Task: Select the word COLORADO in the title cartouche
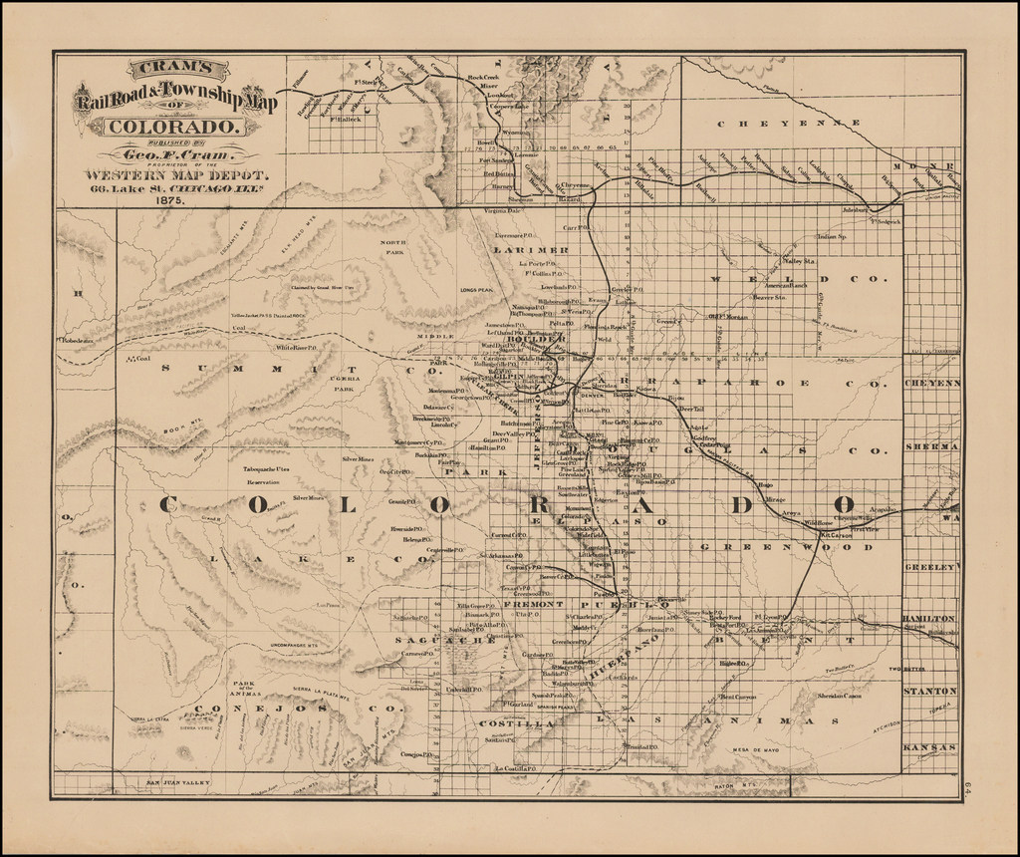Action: pos(172,127)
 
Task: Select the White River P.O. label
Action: pos(296,349)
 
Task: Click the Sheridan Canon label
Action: pos(839,696)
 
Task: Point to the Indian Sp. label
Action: pos(831,236)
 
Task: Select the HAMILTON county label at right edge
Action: pos(929,619)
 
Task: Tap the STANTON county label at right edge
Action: pos(930,690)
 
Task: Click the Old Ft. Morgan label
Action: pos(727,317)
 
